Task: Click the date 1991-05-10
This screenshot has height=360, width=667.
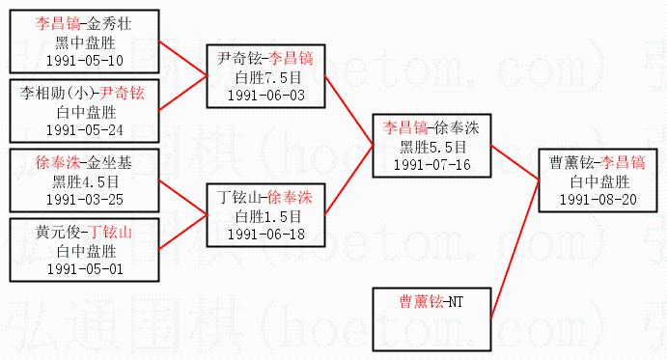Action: (85, 61)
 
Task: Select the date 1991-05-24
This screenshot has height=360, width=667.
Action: (85, 129)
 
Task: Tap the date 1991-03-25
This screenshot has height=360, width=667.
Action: (85, 199)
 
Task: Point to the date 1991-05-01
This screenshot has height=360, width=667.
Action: (85, 268)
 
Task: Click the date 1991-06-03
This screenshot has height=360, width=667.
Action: (265, 95)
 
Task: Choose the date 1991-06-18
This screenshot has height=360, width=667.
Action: (265, 234)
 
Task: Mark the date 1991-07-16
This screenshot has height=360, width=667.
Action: (431, 164)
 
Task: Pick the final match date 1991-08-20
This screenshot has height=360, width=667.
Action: (598, 199)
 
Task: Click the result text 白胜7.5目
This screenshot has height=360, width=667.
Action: (268, 77)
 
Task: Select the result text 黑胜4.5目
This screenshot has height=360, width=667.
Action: (86, 181)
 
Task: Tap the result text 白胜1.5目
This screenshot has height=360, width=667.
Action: (268, 216)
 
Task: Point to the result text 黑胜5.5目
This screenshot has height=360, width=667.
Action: (433, 147)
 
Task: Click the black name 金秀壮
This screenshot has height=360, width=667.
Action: (109, 24)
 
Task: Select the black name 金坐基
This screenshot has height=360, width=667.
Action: (109, 162)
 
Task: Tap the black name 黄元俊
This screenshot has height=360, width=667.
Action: (58, 232)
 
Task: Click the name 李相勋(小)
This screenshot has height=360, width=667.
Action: (57, 94)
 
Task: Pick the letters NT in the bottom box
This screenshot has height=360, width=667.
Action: (456, 302)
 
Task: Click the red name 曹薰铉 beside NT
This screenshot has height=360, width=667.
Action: (421, 302)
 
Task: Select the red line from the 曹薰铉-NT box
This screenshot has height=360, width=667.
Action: (514, 249)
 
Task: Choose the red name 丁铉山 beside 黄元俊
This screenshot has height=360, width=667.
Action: (110, 232)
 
